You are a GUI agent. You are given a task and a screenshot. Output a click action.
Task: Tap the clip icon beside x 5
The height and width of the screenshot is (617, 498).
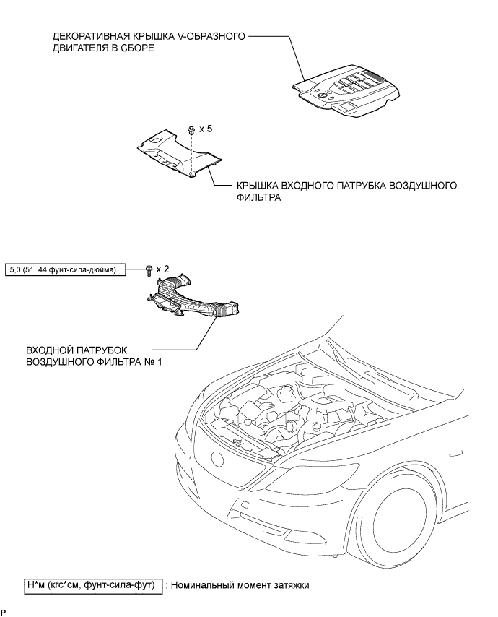point(191,131)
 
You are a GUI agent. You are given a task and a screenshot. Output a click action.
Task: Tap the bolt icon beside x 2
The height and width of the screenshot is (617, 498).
point(149,271)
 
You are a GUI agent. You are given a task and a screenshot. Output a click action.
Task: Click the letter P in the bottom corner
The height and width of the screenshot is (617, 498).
point(4,613)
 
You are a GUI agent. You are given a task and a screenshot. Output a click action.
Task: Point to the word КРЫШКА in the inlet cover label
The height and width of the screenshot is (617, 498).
point(255,185)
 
